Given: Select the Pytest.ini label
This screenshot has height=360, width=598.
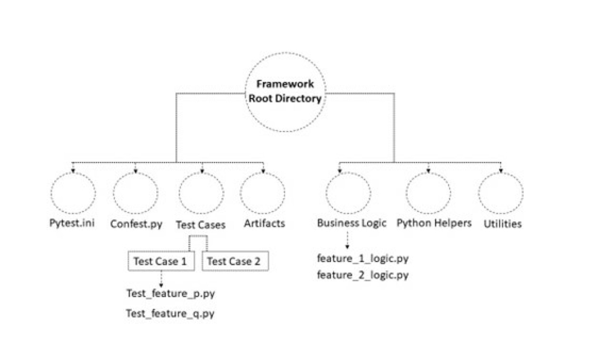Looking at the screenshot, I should coord(72,223).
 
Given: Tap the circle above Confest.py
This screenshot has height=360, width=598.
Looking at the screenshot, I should coord(135,194).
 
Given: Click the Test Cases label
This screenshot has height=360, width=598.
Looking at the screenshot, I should coord(200,224).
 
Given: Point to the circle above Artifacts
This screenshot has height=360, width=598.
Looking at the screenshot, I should coord(263,194).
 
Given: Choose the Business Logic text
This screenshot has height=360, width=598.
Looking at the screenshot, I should coord(351,223).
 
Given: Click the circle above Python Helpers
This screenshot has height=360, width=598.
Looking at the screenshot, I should coord(428,194).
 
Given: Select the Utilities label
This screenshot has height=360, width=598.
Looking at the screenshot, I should coord(502,224).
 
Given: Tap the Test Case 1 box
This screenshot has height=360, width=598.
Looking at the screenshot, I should coord(161,261).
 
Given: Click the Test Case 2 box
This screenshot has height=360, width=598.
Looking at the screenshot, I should coord(235,261).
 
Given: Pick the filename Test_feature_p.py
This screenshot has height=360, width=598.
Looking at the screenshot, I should coord(170,293).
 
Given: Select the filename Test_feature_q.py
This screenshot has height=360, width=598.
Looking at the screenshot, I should coord(170,314).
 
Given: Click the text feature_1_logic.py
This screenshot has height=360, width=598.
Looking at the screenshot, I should coord(363,259).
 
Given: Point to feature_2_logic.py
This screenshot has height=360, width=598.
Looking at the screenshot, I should coord(363,275).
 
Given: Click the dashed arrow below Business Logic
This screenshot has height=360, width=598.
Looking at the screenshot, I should coord(347,240).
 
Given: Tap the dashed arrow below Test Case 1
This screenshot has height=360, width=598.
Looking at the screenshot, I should coord(161,279).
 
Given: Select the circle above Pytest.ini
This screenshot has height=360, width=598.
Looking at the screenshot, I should coord(73,194).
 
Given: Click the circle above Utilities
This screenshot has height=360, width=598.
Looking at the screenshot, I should coord(501,194).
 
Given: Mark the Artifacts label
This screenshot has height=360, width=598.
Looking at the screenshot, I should coord(264,223).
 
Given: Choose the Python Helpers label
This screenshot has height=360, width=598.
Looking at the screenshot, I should coord(434,223).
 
